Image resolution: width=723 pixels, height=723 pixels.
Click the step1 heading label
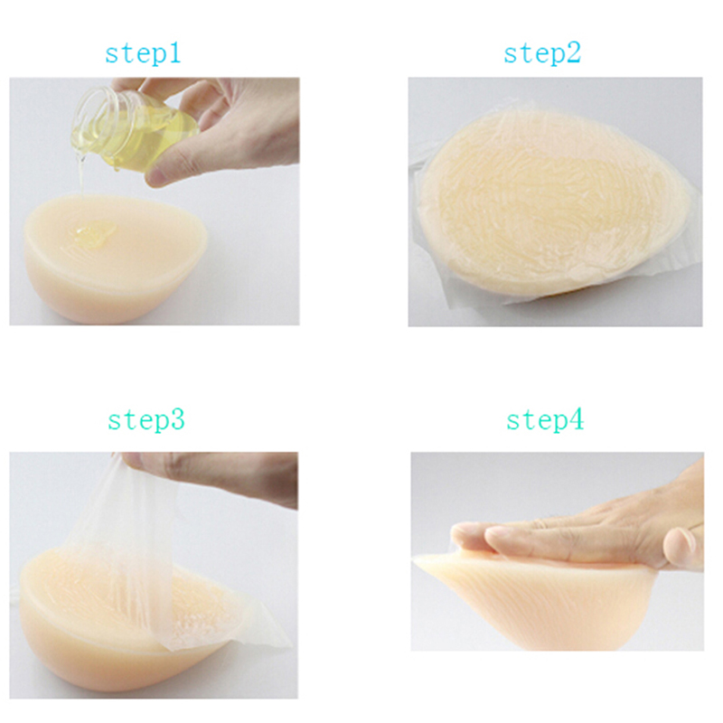pyautogui.click(x=143, y=54)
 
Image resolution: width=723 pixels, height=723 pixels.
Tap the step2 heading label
pyautogui.click(x=542, y=54)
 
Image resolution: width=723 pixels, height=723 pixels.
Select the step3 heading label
pyautogui.click(x=146, y=420)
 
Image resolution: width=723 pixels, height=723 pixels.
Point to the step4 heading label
pyautogui.click(x=545, y=420)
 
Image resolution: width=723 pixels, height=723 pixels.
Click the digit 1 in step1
pyautogui.click(x=174, y=53)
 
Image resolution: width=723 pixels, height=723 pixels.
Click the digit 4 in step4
pyautogui.click(x=577, y=419)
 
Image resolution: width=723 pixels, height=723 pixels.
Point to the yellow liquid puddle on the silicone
pyautogui.click(x=95, y=233)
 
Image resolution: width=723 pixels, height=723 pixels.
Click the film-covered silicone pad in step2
pyautogui.click(x=553, y=202)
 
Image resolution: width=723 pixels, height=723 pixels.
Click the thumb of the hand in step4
pyautogui.click(x=682, y=549)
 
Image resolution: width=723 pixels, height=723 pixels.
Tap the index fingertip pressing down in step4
pyautogui.click(x=465, y=536)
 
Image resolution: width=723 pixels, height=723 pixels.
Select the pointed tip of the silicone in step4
pyautogui.click(x=418, y=559)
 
